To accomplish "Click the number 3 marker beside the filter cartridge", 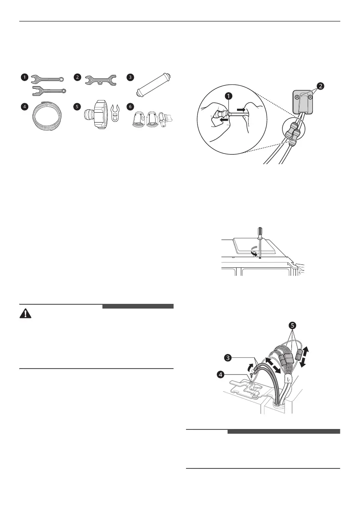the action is click(x=130, y=78).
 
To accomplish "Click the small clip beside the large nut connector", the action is click(x=114, y=116).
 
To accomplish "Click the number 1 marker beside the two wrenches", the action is click(x=26, y=78).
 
